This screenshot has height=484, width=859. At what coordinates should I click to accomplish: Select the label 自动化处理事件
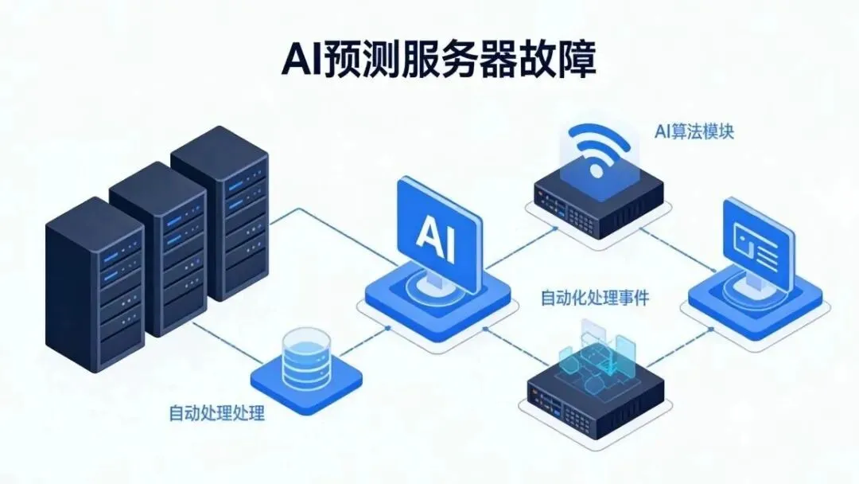point(595,299)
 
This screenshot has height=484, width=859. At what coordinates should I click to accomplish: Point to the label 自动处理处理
point(216,413)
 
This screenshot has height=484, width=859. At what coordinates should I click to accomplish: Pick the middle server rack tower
point(159,247)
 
